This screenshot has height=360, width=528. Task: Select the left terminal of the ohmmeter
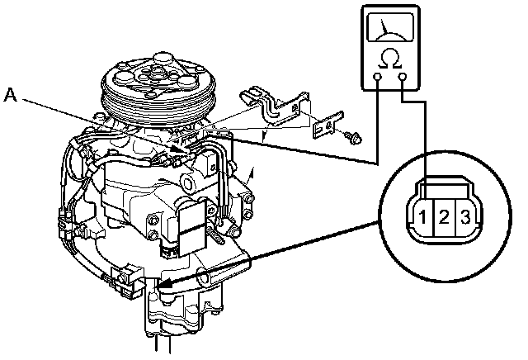(376, 79)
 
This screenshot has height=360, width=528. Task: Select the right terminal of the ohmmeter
(403, 79)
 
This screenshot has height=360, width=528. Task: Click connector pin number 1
(422, 218)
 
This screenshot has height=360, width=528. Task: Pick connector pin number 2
(444, 218)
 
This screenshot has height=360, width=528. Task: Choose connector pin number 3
(465, 218)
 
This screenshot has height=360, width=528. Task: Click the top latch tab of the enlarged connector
(443, 183)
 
